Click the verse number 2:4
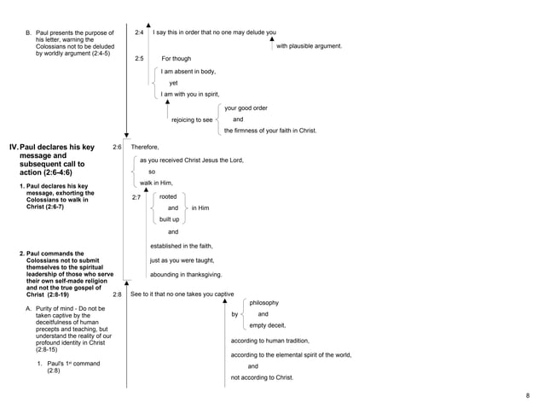click(139, 32)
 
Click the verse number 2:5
click(139, 58)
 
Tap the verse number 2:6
click(117, 148)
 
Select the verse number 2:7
click(136, 197)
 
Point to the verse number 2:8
click(117, 294)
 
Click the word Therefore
click(144, 148)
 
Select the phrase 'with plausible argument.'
click(309, 45)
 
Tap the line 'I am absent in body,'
click(188, 72)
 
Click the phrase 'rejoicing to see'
click(192, 120)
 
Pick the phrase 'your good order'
click(246, 108)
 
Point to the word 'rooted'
click(168, 196)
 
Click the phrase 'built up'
click(169, 219)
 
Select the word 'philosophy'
click(263, 303)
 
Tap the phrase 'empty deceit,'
click(267, 325)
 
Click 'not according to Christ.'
click(262, 376)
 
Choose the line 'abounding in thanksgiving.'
click(186, 275)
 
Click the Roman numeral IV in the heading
click(13, 148)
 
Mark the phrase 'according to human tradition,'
click(270, 341)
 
